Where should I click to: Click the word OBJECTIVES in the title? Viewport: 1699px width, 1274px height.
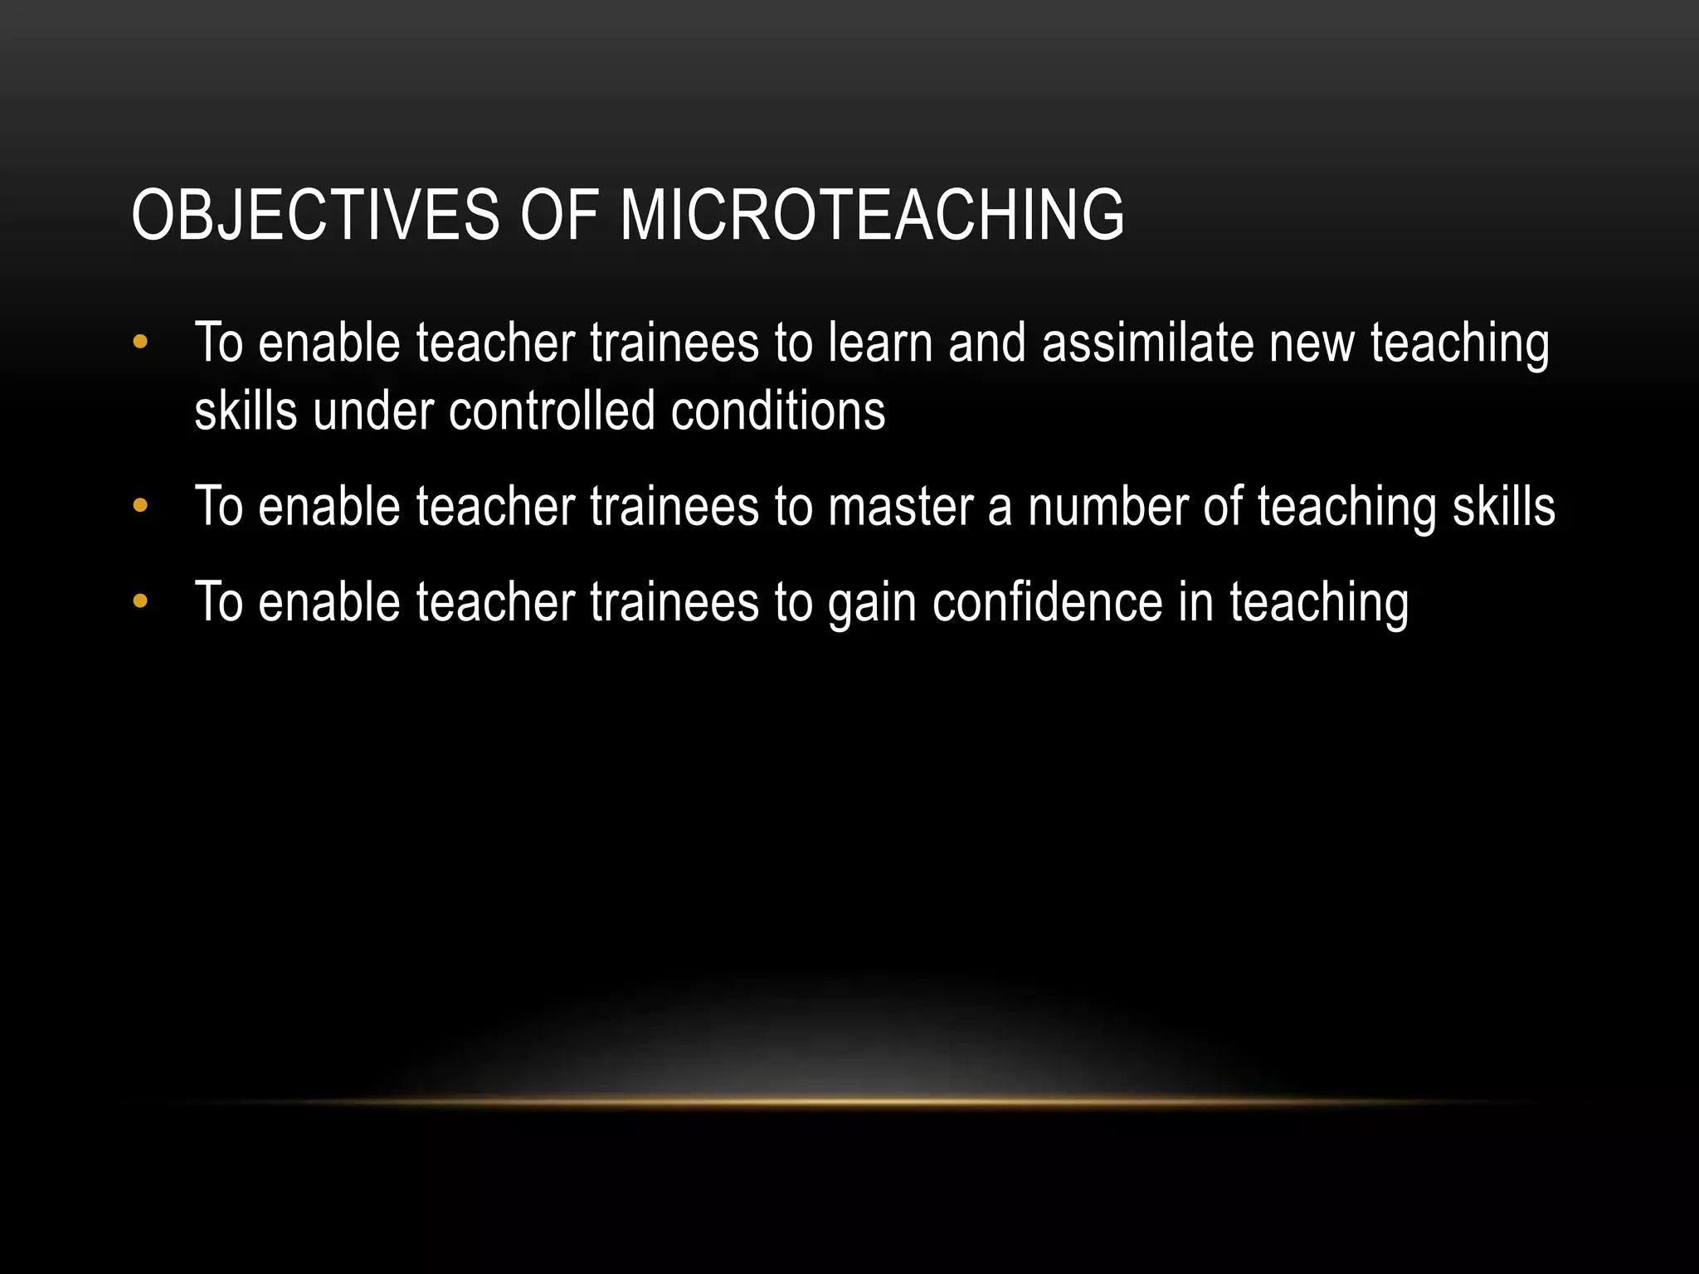point(315,215)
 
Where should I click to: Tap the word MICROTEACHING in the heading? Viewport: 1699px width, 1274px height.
point(872,215)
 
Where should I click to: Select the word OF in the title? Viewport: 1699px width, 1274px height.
point(559,215)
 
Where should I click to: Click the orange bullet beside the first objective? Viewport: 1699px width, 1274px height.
point(139,342)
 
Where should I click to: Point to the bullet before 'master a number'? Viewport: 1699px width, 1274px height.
point(139,504)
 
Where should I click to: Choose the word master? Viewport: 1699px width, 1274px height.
point(900,506)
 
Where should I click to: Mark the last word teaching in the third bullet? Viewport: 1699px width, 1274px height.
point(1319,604)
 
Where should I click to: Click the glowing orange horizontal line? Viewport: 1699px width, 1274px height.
point(849,1101)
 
